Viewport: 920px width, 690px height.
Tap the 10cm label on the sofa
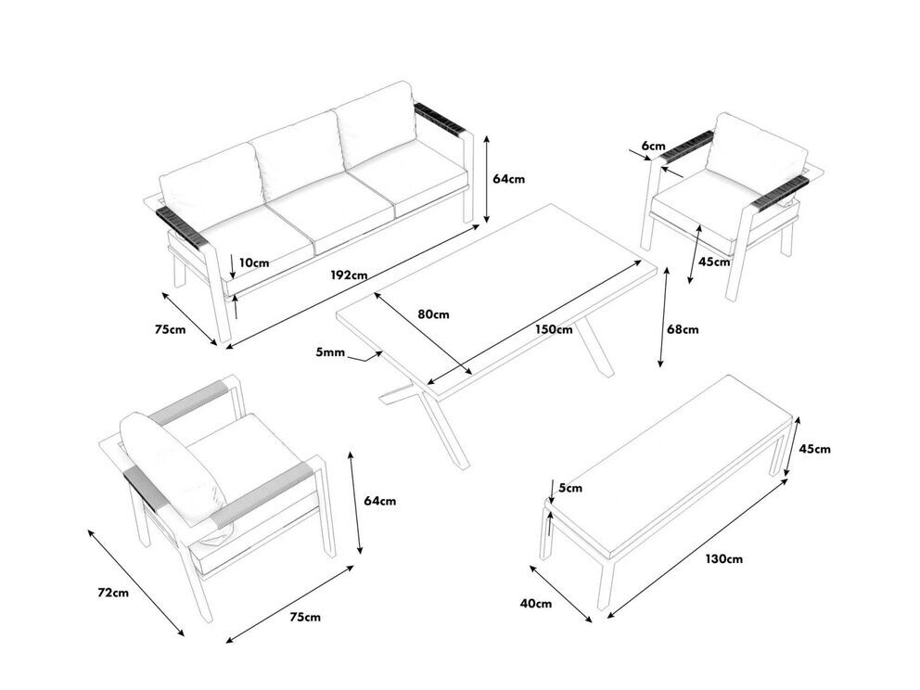[252, 262]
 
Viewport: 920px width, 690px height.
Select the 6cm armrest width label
[653, 146]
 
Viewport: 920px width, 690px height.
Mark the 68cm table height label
[684, 328]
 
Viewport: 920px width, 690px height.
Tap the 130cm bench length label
[723, 558]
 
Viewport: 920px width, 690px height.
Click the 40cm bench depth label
[536, 604]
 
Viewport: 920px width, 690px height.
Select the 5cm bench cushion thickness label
[571, 488]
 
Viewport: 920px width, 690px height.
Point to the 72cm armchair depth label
[114, 593]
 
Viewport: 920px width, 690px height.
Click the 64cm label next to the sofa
[509, 179]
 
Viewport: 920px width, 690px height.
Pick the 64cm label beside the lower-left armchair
[379, 501]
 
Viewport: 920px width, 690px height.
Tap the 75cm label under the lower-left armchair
[305, 617]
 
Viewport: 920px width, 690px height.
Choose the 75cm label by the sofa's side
[170, 329]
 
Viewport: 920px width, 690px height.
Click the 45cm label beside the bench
[814, 449]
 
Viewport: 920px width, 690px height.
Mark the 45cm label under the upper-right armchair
[714, 262]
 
